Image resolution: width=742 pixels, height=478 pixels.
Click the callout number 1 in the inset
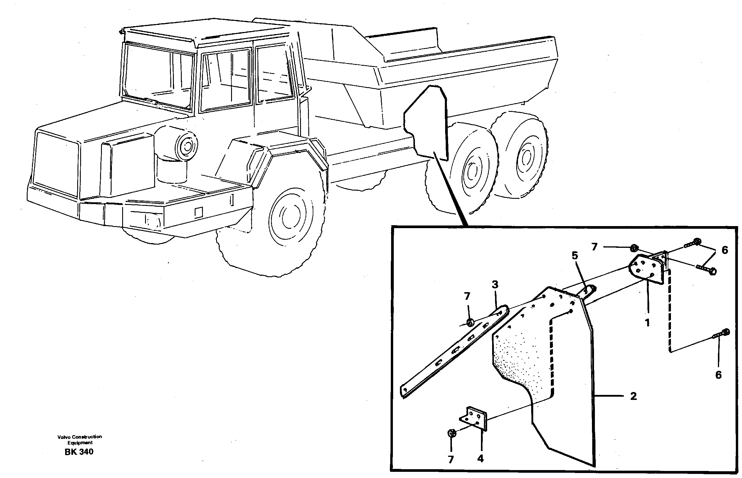tap(647, 323)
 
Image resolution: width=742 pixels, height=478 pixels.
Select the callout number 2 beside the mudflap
tap(633, 396)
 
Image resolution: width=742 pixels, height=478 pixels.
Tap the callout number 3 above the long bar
tap(495, 284)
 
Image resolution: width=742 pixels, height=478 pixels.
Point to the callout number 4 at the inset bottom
tap(480, 459)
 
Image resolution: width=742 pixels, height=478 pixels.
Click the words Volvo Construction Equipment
tap(80, 440)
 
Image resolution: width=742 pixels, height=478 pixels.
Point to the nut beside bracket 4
tap(452, 442)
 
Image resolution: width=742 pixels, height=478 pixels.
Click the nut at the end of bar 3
tap(470, 323)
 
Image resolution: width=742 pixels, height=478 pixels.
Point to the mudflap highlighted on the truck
tap(426, 124)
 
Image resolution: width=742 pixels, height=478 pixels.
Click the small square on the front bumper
tap(198, 212)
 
